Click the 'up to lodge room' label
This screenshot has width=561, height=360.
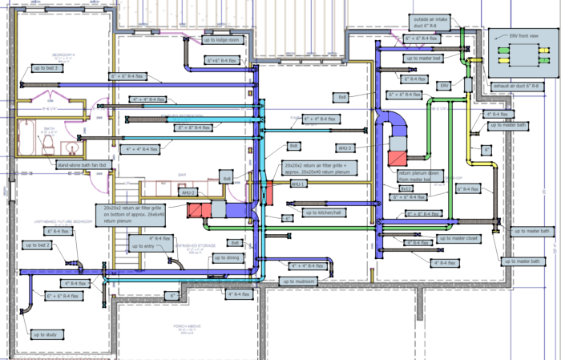(222, 40)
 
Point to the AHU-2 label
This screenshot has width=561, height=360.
(188, 193)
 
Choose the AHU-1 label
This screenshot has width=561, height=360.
(298, 184)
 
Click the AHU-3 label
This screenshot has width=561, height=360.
(345, 148)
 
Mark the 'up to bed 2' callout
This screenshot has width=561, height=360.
(37, 245)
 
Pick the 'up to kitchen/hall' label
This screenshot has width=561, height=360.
(324, 212)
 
